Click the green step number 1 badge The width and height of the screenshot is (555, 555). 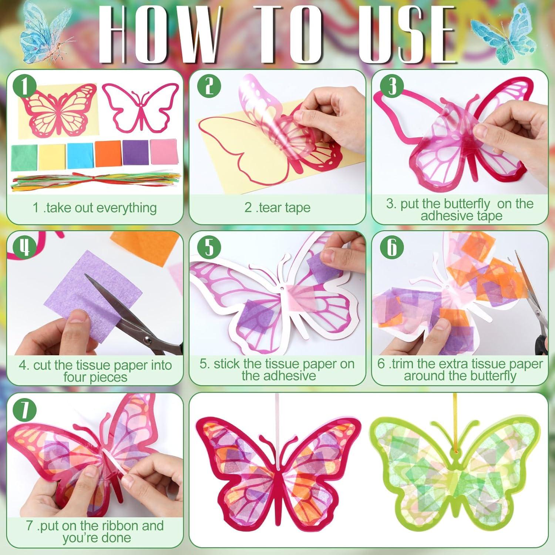click(x=24, y=87)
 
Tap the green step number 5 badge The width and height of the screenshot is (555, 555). click(x=209, y=247)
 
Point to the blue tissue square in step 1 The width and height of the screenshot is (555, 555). click(x=80, y=155)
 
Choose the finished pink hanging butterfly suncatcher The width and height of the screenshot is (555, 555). click(x=277, y=466)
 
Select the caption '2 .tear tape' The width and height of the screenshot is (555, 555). click(x=277, y=208)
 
